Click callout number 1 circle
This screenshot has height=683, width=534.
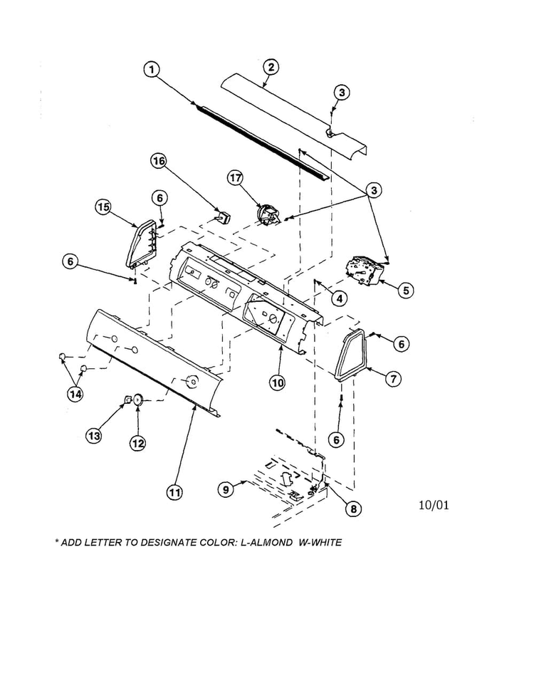pyautogui.click(x=151, y=69)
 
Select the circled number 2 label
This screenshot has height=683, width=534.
pyautogui.click(x=271, y=68)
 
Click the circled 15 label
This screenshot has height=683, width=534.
pyautogui.click(x=104, y=207)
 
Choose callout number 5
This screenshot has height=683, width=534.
pyautogui.click(x=405, y=290)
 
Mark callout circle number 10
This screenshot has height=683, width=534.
pyautogui.click(x=277, y=382)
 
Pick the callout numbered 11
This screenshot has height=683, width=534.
pyautogui.click(x=174, y=491)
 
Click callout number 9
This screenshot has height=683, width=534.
pyautogui.click(x=225, y=489)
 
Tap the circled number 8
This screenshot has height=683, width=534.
pyautogui.click(x=352, y=509)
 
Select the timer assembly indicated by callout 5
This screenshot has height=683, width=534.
pyautogui.click(x=363, y=271)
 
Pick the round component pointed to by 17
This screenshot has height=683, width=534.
pyautogui.click(x=266, y=214)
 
